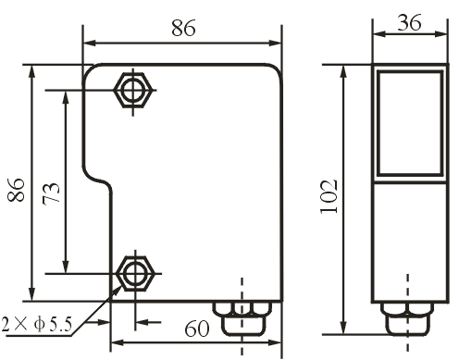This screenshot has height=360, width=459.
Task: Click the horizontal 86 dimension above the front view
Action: [183, 28]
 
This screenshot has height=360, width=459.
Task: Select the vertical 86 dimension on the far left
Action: [16, 190]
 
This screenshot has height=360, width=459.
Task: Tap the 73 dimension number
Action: [51, 192]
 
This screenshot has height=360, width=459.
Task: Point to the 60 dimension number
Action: [197, 329]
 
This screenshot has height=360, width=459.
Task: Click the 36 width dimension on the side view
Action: [409, 22]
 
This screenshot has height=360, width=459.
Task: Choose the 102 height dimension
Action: [329, 196]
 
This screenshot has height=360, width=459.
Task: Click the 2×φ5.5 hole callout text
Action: [36, 324]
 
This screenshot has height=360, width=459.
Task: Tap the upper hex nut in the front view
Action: [133, 90]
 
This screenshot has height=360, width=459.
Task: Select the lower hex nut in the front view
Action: [135, 273]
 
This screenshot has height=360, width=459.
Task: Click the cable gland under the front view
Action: [242, 318]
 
